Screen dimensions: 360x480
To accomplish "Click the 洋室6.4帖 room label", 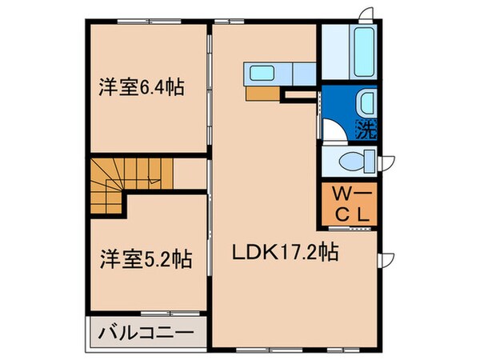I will tap(142, 86).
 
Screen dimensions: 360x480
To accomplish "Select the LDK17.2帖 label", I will tap(284, 253).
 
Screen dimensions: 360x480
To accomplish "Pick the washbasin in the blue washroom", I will tap(365, 102).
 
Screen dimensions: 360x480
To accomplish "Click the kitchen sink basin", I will tap(262, 74).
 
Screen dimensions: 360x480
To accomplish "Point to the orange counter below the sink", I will tap(261, 92).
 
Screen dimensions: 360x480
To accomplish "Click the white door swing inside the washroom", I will tap(336, 130).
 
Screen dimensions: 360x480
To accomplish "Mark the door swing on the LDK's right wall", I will tap(386, 260).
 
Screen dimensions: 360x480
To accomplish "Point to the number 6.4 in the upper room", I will tap(159, 86).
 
